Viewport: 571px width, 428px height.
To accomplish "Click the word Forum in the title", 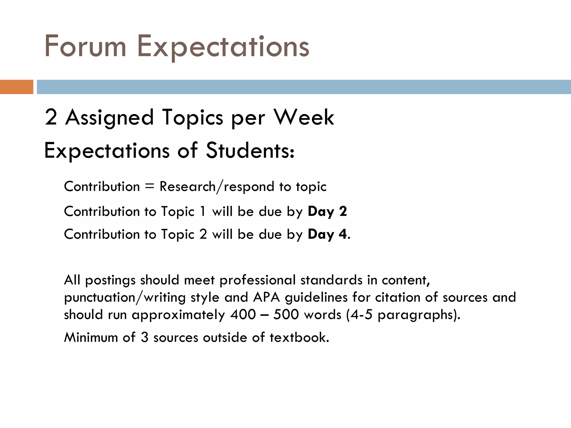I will pos(85,46).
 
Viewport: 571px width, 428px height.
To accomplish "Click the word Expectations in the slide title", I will pos(223,46).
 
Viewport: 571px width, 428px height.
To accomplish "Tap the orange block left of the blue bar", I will pos(16,87).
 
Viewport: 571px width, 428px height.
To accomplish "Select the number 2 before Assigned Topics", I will pos(51,117).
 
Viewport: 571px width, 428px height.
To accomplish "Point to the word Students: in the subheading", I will pos(250,151).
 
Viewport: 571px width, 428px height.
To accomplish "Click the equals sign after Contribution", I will pos(149,186).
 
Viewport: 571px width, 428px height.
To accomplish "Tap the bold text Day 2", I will pos(327,211).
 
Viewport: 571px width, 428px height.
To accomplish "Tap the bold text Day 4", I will pos(327,234).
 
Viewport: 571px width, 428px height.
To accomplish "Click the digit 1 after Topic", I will pos(203,211).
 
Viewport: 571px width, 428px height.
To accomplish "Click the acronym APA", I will pos(266,297).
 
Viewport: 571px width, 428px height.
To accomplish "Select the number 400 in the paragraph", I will pos(243,315).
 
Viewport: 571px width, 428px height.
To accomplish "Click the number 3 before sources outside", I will pos(144,337).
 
